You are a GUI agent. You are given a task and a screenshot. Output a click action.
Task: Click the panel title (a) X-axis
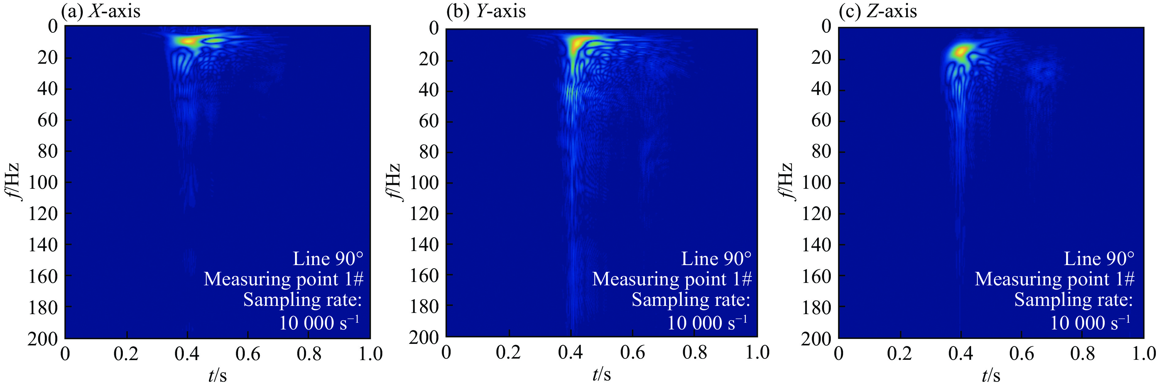pos(101,11)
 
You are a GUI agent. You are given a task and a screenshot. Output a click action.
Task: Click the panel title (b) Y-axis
pos(486,11)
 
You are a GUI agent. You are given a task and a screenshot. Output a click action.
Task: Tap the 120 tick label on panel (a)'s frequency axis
pos(43,214)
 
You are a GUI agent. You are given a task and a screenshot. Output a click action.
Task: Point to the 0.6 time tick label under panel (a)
pos(248,354)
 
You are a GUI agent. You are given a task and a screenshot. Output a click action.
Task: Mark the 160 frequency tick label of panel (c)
pos(817,276)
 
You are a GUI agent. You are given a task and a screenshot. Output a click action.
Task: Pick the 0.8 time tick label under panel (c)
pos(1082,354)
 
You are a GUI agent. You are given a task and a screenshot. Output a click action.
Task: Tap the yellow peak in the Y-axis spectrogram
pos(576,44)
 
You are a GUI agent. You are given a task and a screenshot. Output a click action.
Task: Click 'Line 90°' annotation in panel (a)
pos(328,259)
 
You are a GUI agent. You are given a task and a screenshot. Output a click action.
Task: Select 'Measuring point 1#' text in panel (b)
pos(672,279)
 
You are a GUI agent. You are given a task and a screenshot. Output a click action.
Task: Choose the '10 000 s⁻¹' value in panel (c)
pos(1090,323)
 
